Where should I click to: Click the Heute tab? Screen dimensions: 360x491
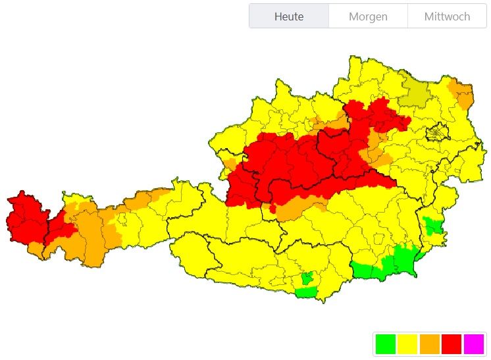coord(289,16)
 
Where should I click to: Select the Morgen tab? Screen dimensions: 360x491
coord(368,16)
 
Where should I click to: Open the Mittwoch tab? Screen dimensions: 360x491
coord(447,16)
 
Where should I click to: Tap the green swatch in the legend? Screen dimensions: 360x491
coord(385,344)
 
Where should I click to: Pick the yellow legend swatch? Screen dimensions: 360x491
coord(407,344)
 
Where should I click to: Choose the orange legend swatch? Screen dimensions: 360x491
coord(429,344)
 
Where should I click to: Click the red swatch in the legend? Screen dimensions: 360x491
coord(451,344)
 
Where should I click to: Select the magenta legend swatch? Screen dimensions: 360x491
coord(473,344)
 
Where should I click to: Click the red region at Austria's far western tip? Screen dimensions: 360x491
coord(25,217)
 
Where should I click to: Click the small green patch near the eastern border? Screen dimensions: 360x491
coord(432,226)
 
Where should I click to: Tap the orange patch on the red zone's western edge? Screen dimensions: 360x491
coord(230,165)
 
